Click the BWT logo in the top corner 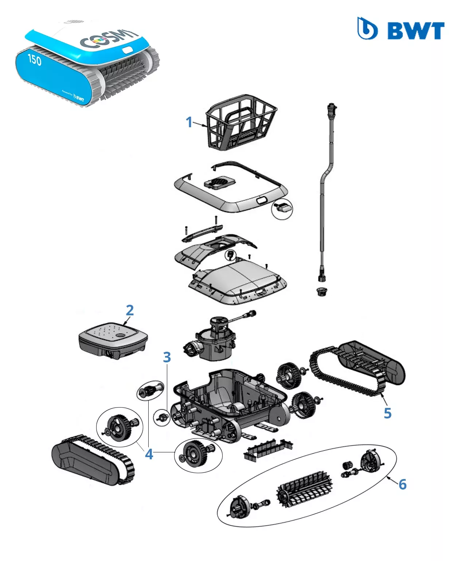pyautogui.click(x=401, y=29)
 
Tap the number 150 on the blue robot pyautogui.click(x=35, y=59)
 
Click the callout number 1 pyautogui.click(x=189, y=122)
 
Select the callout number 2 pyautogui.click(x=130, y=310)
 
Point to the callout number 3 pyautogui.click(x=167, y=357)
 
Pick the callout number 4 pyautogui.click(x=149, y=454)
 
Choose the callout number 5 pyautogui.click(x=388, y=413)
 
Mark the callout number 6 pyautogui.click(x=403, y=484)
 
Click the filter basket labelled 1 pyautogui.click(x=241, y=122)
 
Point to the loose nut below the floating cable pyautogui.click(x=321, y=291)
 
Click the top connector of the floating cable pyautogui.click(x=332, y=108)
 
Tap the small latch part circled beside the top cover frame pyautogui.click(x=283, y=208)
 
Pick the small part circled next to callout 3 pyautogui.click(x=162, y=417)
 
